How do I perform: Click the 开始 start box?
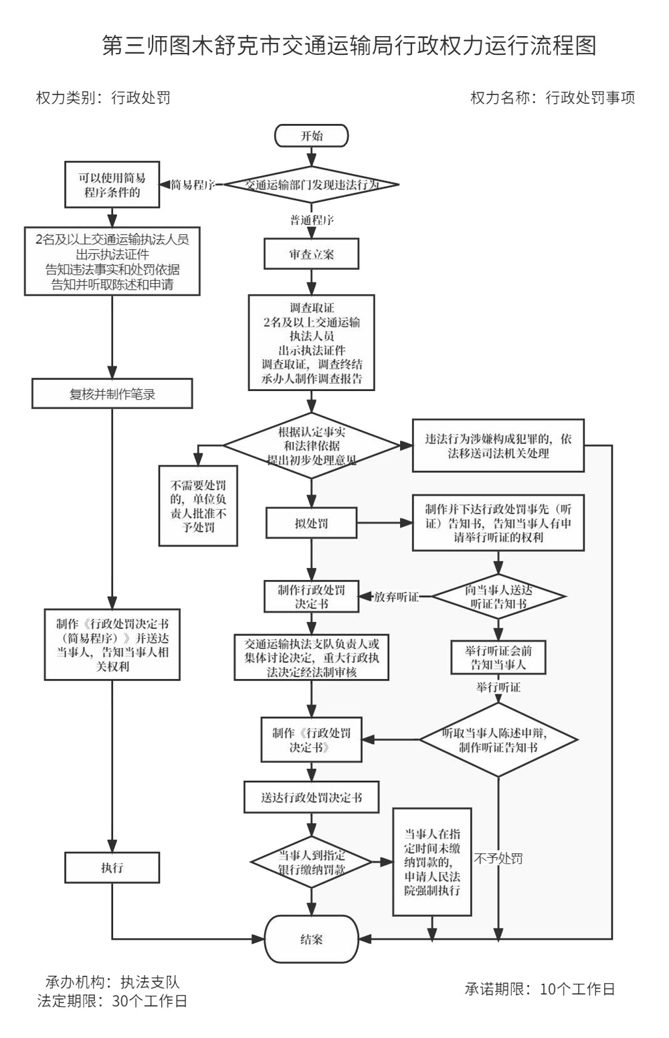tap(311, 136)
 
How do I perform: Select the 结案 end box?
tap(312, 939)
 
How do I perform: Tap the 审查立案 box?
tap(312, 254)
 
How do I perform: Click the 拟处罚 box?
tap(312, 523)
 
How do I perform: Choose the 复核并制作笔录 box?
tap(112, 394)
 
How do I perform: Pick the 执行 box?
tap(112, 868)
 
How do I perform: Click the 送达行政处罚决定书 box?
tap(312, 798)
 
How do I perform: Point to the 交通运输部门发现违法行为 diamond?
tap(312, 185)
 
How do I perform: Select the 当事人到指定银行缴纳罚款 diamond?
tap(312, 862)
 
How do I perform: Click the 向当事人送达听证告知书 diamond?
tap(498, 597)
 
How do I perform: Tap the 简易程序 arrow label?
tap(193, 185)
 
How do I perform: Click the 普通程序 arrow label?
tap(312, 220)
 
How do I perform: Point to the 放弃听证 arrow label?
tap(396, 597)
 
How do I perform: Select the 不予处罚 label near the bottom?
tap(498, 859)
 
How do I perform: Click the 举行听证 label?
tap(498, 687)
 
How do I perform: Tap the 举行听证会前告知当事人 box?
tap(498, 658)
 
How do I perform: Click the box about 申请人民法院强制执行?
tap(432, 862)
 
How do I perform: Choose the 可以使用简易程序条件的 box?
tap(112, 185)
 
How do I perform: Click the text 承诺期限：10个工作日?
tap(540, 989)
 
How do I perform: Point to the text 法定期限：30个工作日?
tap(112, 1001)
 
